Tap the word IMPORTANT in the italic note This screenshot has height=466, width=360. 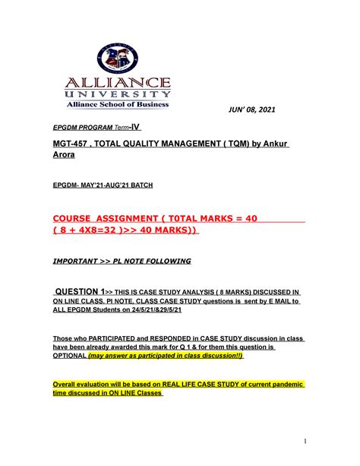tap(79, 261)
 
